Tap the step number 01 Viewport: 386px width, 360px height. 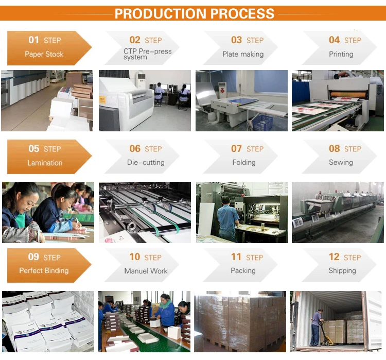[34, 40]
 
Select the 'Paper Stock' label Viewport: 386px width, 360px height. [44, 54]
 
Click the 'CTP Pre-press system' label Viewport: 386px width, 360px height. [147, 54]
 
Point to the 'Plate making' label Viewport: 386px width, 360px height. [243, 54]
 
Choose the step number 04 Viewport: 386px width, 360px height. [335, 40]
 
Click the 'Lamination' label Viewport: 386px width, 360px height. [45, 163]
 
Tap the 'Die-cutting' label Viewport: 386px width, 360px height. [146, 162]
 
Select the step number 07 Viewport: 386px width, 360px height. [236, 148]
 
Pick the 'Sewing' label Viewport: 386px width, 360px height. [341, 162]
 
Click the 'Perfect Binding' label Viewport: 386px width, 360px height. [44, 270]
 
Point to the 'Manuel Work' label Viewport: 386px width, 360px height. [146, 270]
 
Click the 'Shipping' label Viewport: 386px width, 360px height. [342, 270]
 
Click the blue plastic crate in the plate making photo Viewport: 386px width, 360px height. [264, 123]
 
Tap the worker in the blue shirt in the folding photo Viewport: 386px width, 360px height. [227, 217]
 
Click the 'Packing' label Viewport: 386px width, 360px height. [243, 270]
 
